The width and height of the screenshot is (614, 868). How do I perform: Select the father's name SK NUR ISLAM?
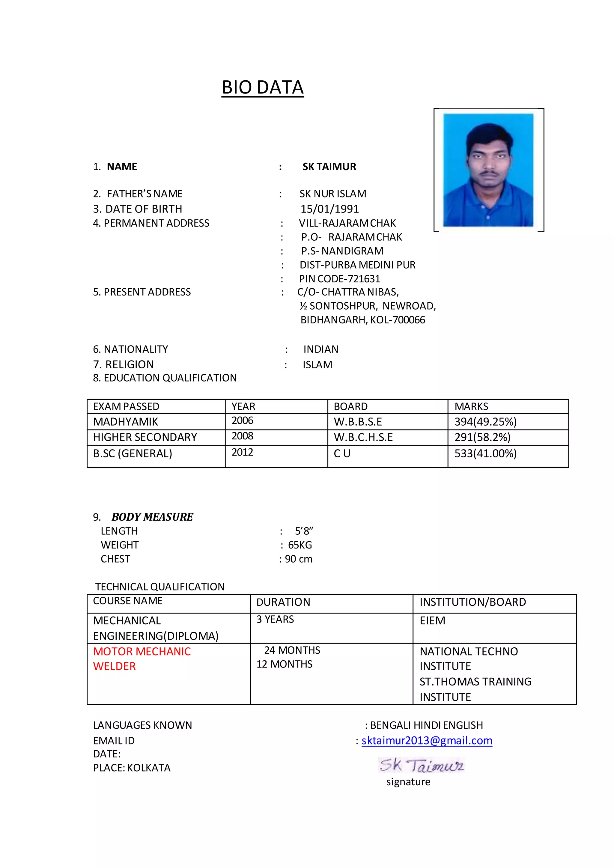click(333, 194)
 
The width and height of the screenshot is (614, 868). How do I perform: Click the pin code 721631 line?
click(339, 279)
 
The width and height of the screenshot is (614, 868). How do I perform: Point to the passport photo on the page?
click(488, 170)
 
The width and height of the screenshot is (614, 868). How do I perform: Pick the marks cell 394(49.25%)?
click(485, 421)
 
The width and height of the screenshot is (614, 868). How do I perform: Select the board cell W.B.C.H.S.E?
click(363, 437)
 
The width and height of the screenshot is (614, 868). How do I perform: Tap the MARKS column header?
click(471, 406)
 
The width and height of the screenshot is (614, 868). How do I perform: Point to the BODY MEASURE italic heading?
click(152, 517)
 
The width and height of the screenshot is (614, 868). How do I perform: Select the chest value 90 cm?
click(298, 559)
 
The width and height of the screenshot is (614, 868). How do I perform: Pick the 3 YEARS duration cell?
click(275, 619)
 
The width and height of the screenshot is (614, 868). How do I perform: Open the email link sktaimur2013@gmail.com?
click(427, 741)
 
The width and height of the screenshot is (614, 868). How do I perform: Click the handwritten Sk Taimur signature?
click(421, 765)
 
